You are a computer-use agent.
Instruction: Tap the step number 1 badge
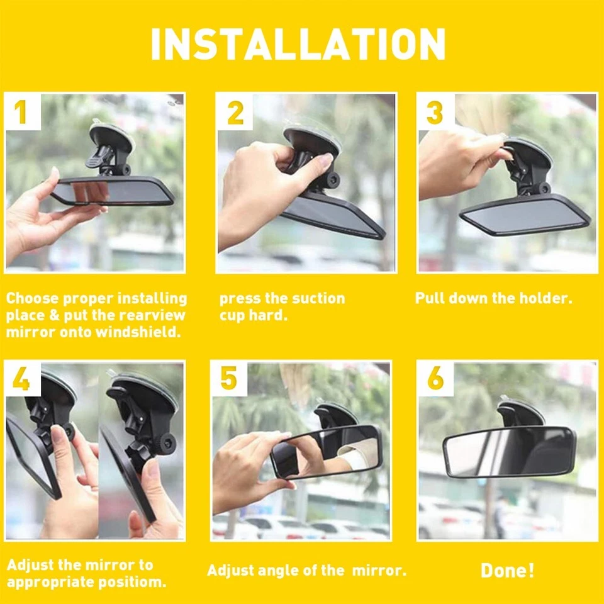[21, 112]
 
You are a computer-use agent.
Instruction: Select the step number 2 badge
[235, 112]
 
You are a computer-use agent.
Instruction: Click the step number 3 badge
[435, 112]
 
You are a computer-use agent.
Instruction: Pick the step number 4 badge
[21, 379]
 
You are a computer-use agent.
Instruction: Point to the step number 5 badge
[229, 379]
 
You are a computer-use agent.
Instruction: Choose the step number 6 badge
[435, 379]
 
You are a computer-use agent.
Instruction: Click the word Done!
[507, 571]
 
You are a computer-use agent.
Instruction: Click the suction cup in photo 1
[111, 137]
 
